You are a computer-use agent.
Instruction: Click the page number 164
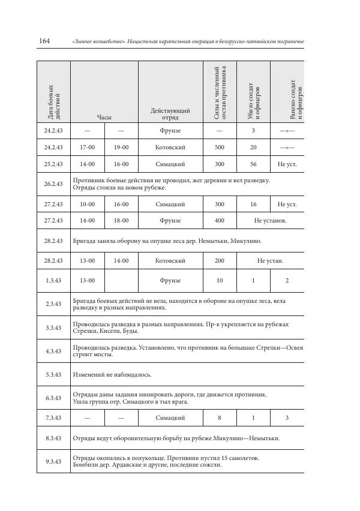pyautogui.click(x=44, y=41)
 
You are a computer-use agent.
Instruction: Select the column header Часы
pyautogui.click(x=104, y=118)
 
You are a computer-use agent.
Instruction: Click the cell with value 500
pyautogui.click(x=219, y=147)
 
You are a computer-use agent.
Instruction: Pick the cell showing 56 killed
pyautogui.click(x=253, y=164)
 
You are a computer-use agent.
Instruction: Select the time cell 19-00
pyautogui.click(x=121, y=147)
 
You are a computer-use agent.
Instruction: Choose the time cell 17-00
pyautogui.click(x=88, y=147)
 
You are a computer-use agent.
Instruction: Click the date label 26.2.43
pyautogui.click(x=53, y=184)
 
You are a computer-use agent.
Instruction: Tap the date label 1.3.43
pyautogui.click(x=53, y=280)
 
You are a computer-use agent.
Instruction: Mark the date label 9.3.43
pyautogui.click(x=53, y=461)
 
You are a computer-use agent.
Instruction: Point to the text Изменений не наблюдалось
pyautogui.click(x=112, y=375)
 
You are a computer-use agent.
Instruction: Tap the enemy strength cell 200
pyautogui.click(x=219, y=261)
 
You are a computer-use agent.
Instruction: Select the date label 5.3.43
pyautogui.click(x=53, y=375)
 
